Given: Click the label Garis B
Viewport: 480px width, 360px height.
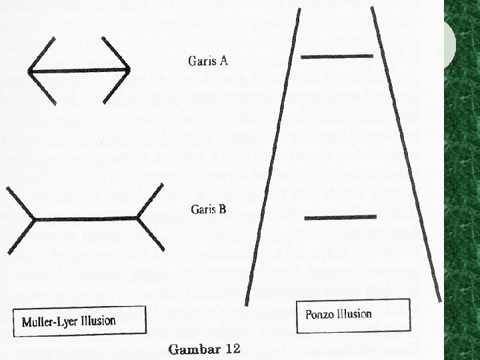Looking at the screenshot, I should coord(208,209).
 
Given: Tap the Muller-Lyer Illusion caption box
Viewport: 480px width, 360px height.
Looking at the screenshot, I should coord(79,321).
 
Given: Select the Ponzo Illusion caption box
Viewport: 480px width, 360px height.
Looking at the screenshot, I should coord(339,314).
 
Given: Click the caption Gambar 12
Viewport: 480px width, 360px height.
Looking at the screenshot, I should coord(204,349).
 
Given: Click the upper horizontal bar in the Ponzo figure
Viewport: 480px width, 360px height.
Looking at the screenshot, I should coord(337,57).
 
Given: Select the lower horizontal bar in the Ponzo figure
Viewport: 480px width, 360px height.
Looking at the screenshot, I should coord(336,217).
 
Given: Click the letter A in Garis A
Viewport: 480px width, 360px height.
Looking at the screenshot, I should coord(223,61).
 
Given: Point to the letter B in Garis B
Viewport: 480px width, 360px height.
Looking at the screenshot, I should coord(222,209).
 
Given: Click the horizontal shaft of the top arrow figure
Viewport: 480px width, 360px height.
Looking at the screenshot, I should coord(79,70).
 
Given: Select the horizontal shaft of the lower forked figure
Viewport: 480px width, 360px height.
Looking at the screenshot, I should coord(87,217).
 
